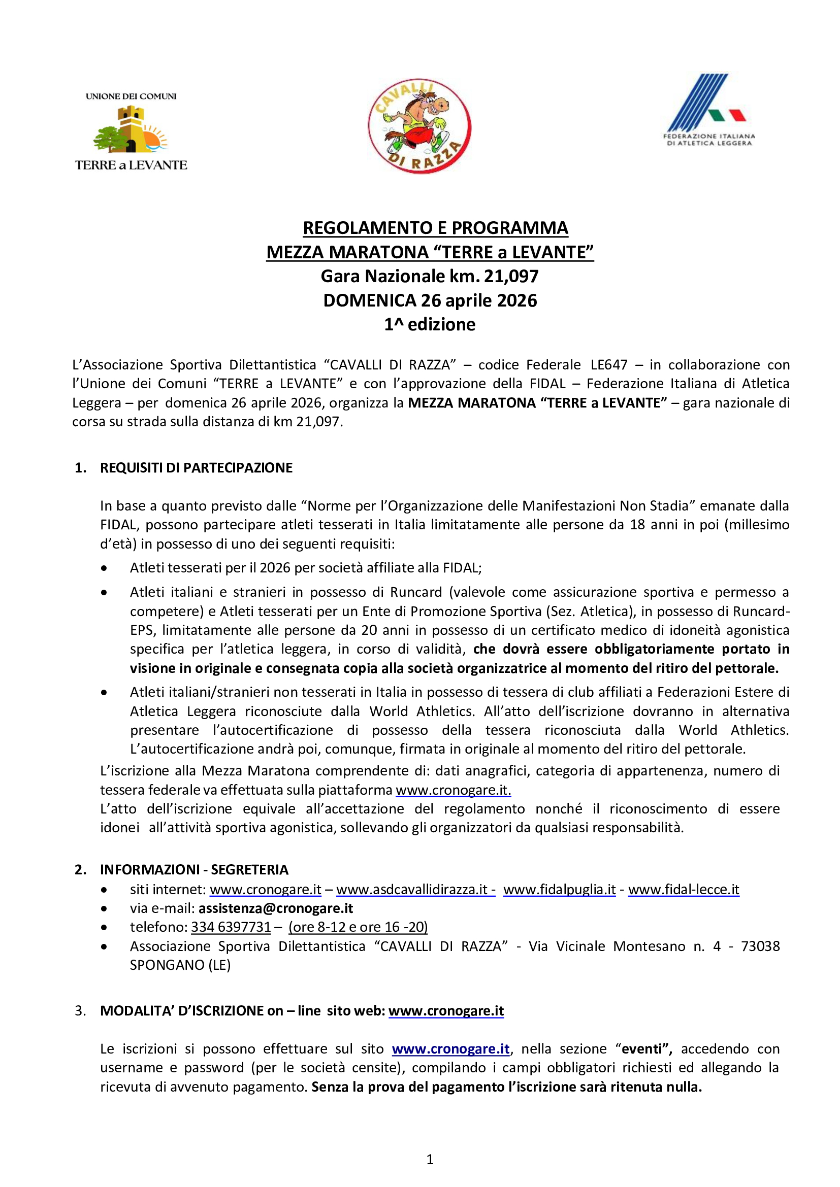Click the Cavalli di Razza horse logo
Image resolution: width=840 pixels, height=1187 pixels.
click(419, 126)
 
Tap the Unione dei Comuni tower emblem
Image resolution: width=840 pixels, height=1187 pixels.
click(131, 130)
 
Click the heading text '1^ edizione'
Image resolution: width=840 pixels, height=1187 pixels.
click(429, 325)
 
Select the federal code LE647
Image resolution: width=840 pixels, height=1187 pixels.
click(609, 365)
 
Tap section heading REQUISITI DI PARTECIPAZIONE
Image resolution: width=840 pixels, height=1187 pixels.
click(196, 468)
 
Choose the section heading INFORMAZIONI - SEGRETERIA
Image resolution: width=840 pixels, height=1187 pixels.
click(194, 870)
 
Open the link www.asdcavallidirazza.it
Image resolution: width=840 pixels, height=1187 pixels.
click(415, 889)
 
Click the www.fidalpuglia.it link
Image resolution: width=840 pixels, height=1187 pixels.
click(559, 889)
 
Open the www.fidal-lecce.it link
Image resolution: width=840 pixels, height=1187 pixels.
click(683, 889)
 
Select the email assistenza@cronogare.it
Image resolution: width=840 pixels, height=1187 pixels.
click(276, 908)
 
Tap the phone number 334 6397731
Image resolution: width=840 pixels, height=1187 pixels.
click(231, 927)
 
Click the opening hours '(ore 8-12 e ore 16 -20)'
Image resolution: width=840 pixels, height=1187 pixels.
click(358, 927)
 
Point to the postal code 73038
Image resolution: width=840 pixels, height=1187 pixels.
click(760, 946)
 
